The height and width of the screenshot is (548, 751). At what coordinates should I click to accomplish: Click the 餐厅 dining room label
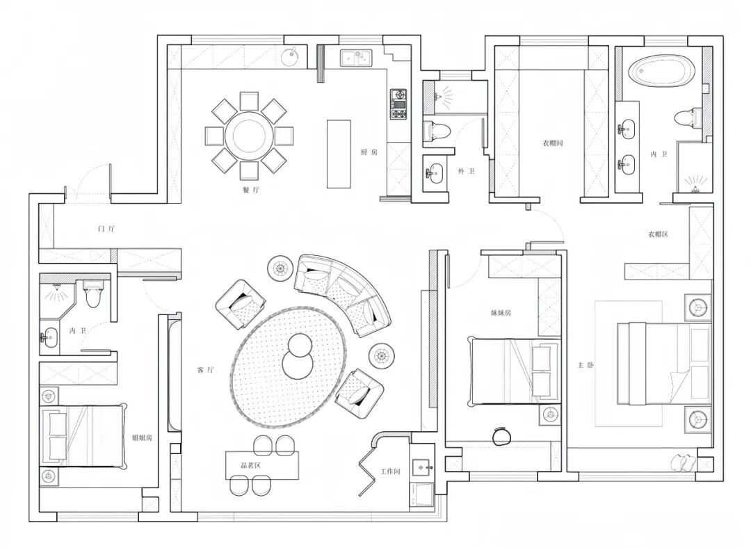(x=250, y=190)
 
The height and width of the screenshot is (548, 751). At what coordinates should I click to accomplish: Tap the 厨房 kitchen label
(x=369, y=152)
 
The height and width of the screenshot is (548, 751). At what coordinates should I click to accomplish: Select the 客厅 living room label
(x=205, y=370)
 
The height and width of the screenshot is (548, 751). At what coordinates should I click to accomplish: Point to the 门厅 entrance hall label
(x=106, y=229)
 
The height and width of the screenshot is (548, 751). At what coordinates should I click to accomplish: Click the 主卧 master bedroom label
(x=586, y=365)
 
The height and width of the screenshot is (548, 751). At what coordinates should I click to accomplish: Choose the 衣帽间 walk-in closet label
(x=553, y=143)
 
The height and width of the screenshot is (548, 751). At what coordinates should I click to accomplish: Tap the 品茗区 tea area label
(x=250, y=465)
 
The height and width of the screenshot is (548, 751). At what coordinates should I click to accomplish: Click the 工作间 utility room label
(x=390, y=472)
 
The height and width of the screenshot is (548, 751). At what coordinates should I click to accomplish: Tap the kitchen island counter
(x=339, y=154)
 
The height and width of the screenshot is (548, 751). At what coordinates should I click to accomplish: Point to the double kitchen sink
(x=356, y=58)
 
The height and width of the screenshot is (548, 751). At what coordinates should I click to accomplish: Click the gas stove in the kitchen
(x=398, y=104)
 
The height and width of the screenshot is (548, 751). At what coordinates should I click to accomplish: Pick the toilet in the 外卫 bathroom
(x=437, y=130)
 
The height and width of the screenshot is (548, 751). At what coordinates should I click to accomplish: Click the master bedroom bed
(x=663, y=364)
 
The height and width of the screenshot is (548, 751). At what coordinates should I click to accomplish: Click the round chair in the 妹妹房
(x=502, y=435)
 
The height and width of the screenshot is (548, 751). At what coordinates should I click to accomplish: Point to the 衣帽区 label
(x=658, y=234)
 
